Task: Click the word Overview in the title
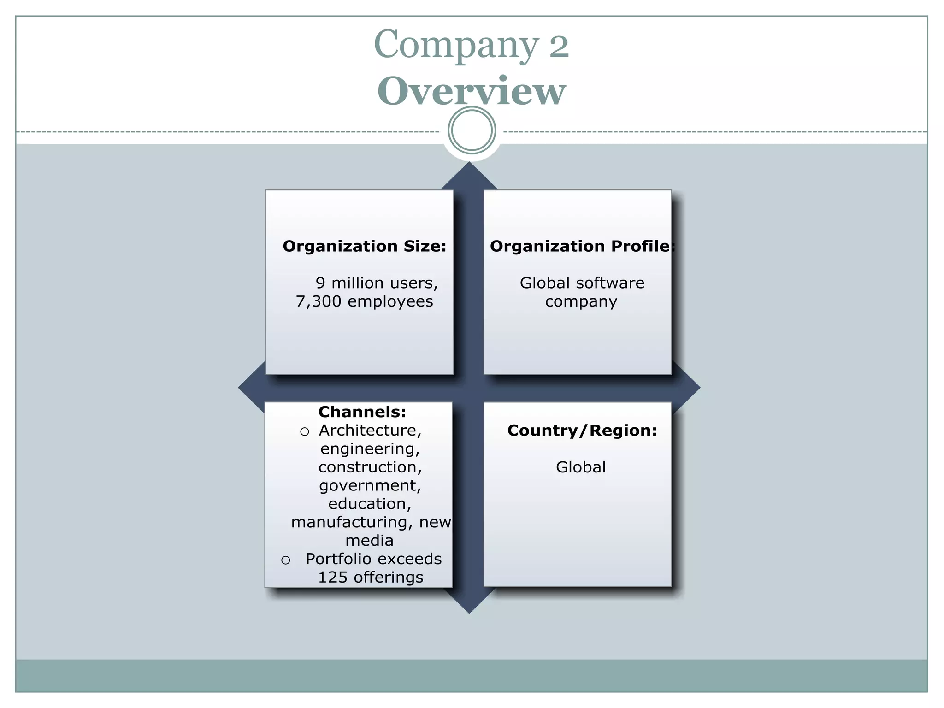pos(471,91)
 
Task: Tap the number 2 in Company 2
pos(559,46)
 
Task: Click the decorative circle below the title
pos(472,130)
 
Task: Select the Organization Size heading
pos(364,246)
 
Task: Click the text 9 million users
pos(376,283)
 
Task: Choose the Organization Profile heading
pos(582,246)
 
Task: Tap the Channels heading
pos(362,412)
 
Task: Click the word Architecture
pos(370,430)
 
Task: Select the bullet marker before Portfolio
pos(286,560)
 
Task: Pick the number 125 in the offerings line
pos(332,577)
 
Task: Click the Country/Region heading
pos(582,430)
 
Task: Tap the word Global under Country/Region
pos(580,467)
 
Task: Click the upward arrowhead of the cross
pos(469,175)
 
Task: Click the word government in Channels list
pos(370,485)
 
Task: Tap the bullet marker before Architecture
pos(304,431)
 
